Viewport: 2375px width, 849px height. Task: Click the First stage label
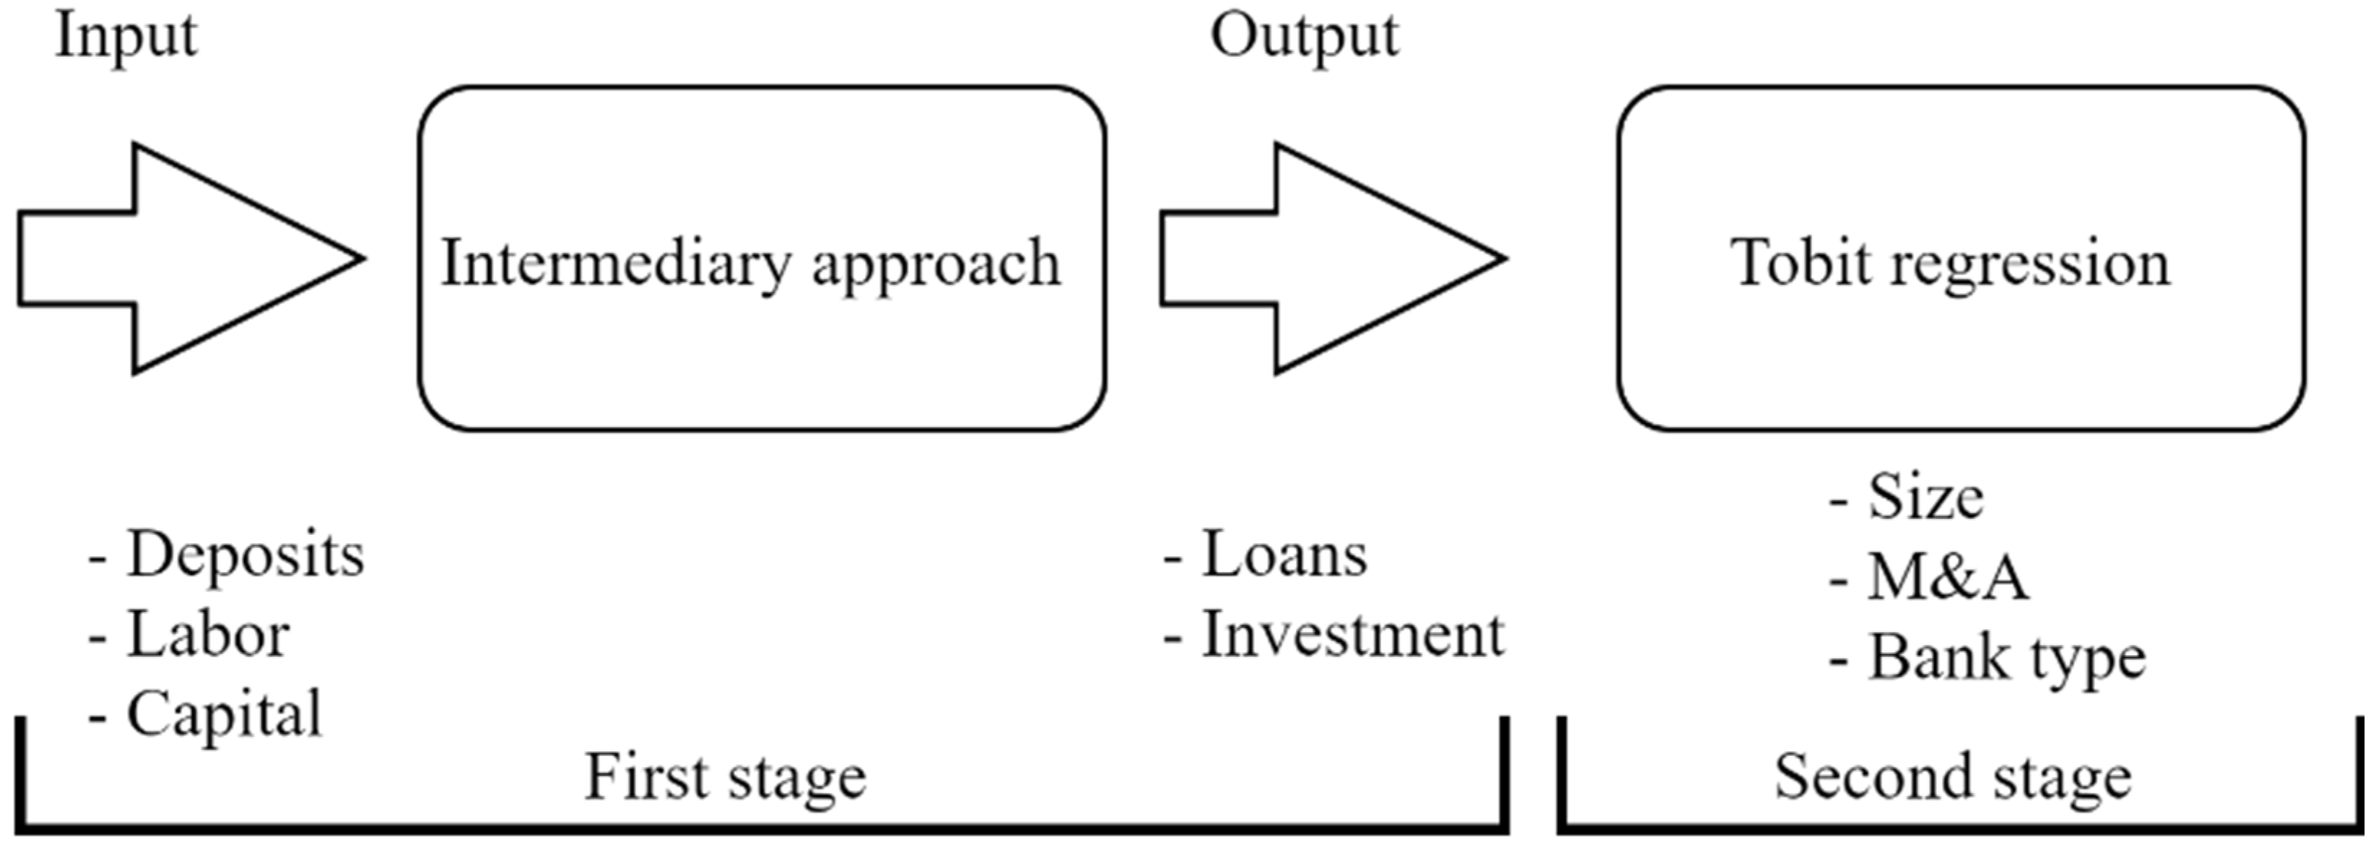[x=726, y=777]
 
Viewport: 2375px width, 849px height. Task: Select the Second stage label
[x=1953, y=777]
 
